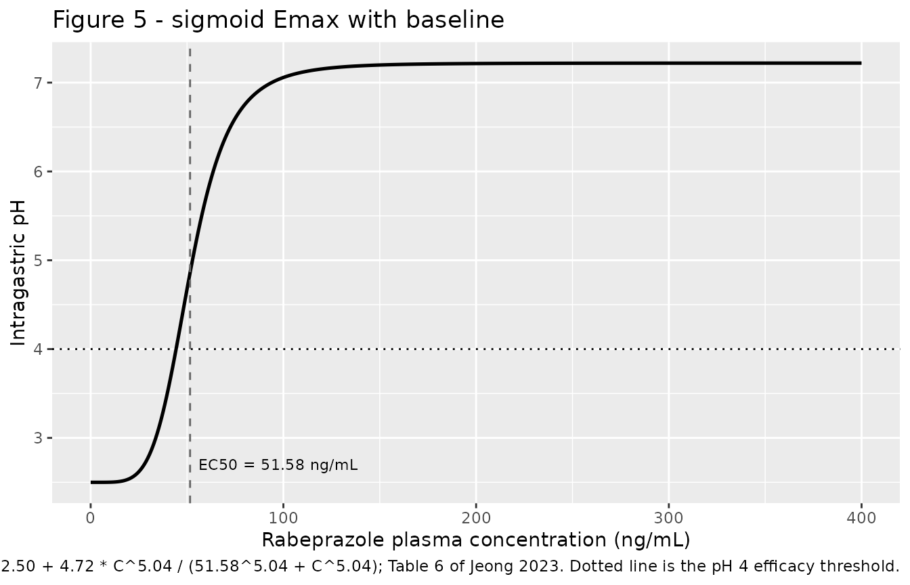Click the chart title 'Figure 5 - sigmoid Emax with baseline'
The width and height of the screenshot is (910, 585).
tap(278, 20)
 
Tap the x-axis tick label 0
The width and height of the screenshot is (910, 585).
tap(91, 519)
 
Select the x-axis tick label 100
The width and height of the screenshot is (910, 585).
tap(283, 519)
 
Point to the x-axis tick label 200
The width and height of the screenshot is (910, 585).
tap(476, 519)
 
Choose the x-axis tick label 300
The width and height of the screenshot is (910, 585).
tap(669, 519)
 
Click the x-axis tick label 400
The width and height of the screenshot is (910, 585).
tap(861, 519)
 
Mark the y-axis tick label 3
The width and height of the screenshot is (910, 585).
tap(38, 438)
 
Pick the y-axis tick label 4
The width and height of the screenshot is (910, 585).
tap(38, 349)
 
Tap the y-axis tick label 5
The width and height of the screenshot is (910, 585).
tap(38, 261)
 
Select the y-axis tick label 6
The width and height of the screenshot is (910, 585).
tap(38, 172)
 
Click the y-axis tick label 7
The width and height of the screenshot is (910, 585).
tap(38, 83)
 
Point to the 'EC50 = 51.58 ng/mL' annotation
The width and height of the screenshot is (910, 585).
tap(278, 464)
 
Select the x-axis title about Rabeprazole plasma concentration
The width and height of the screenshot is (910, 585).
tap(476, 540)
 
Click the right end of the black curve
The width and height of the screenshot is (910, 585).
tap(861, 63)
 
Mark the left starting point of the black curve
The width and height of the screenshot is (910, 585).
tap(91, 482)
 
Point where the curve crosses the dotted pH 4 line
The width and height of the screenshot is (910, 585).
tap(175, 349)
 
